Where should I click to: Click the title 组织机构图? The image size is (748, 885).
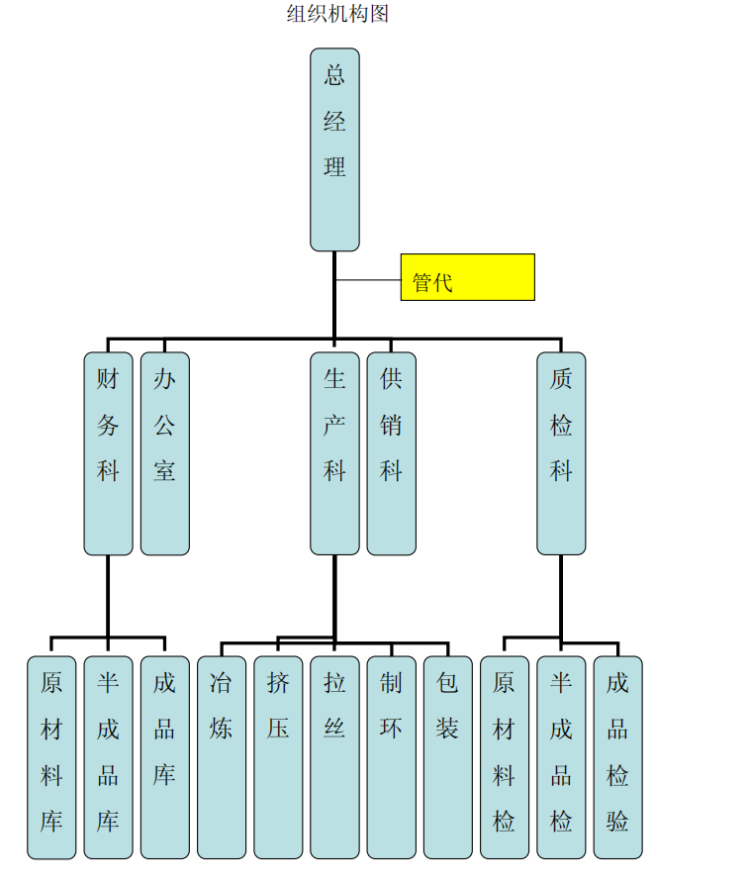coord(337,14)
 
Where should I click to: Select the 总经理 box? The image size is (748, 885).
coord(334,148)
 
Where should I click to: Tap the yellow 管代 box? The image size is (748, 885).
coord(467,277)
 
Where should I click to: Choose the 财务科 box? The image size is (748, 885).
coord(108,452)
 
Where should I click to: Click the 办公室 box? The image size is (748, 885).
coord(164,452)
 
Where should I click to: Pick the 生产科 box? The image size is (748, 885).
coord(334,452)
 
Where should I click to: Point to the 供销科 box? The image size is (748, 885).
coord(391,452)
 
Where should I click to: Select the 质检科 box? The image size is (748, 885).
coord(561,452)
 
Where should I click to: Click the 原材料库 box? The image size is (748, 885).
coord(51,756)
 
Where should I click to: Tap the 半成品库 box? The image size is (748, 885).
coord(108,756)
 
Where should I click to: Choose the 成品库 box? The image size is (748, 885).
coord(164,756)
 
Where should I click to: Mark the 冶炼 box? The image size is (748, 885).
coord(222,756)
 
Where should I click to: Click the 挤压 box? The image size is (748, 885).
coord(278,756)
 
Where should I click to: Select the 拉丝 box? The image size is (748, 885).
coord(334,756)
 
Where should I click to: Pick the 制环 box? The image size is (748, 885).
coord(391,756)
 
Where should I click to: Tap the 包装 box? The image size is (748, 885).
coord(447,756)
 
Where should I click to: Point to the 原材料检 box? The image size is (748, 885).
coord(505,756)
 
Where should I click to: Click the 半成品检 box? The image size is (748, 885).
coord(561,756)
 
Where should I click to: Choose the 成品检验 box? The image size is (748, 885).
coord(617,756)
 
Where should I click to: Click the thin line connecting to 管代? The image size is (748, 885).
coord(368,280)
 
